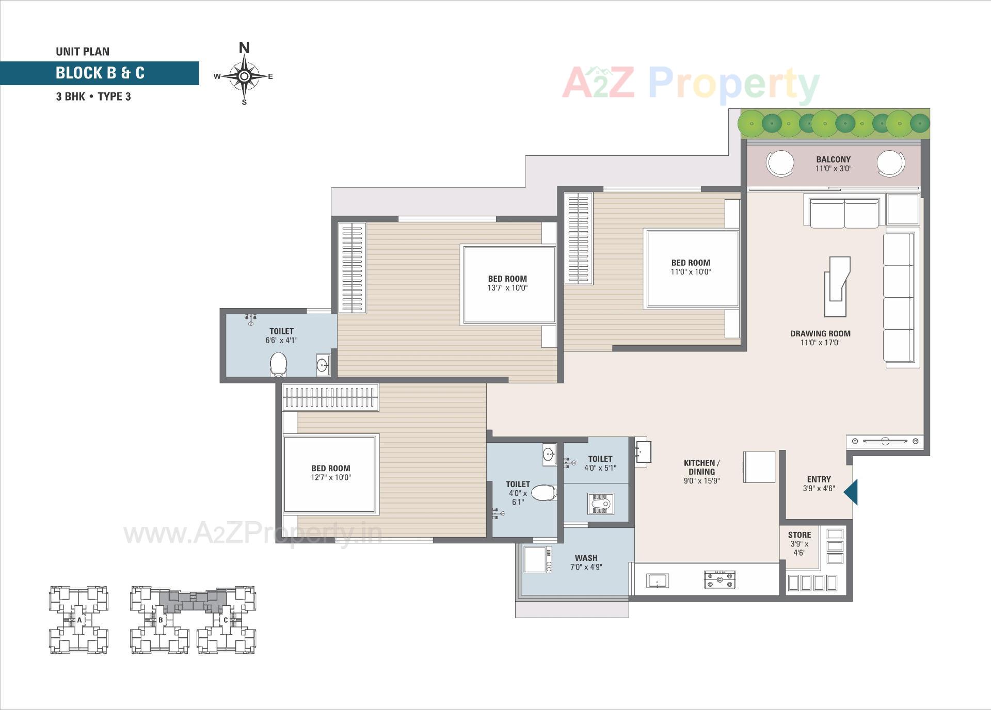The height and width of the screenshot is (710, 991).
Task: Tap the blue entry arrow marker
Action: [x=851, y=492]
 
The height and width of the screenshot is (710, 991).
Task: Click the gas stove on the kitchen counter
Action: [x=720, y=579]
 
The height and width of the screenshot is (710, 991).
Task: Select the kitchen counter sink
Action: [x=657, y=580]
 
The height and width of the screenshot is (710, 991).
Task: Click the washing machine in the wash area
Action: [x=538, y=559]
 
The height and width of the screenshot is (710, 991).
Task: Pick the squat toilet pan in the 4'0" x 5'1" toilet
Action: [x=601, y=504]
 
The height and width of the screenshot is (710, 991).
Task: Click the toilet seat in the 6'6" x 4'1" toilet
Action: [x=278, y=364]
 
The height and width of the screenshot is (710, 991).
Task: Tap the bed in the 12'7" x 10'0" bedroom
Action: [x=330, y=474]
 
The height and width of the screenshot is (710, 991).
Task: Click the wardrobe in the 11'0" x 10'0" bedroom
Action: [x=578, y=238]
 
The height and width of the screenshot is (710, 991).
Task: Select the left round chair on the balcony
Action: [x=780, y=163]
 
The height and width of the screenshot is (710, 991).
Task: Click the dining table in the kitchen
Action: [x=759, y=467]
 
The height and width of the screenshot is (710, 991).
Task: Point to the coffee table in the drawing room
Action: [x=837, y=286]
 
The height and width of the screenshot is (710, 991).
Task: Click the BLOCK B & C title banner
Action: [x=100, y=73]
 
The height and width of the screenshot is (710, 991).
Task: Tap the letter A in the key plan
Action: [x=79, y=620]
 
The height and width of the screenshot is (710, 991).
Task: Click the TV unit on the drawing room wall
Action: [x=885, y=441]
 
